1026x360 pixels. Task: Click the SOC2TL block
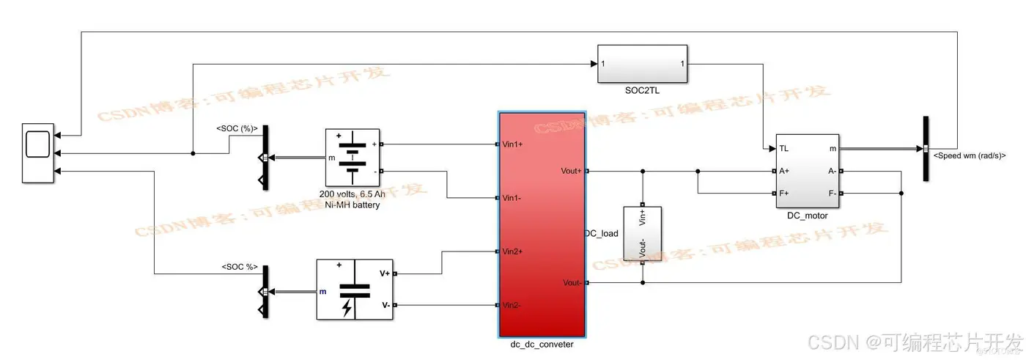(x=643, y=64)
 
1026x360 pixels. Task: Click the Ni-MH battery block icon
(x=352, y=158)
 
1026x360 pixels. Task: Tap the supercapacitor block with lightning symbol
(x=355, y=289)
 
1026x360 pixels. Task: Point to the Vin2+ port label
(x=512, y=251)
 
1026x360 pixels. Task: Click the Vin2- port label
(x=512, y=305)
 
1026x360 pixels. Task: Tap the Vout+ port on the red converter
(x=572, y=171)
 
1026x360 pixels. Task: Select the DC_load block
(x=643, y=233)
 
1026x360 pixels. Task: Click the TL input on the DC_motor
(x=783, y=148)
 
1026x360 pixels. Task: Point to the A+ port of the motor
(x=783, y=171)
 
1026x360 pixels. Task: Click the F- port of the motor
(x=832, y=194)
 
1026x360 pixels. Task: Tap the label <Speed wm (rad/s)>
(x=969, y=155)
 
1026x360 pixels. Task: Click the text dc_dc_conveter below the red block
(x=542, y=345)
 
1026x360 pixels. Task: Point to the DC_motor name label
(x=806, y=216)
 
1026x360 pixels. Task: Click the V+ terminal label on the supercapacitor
(x=384, y=273)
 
